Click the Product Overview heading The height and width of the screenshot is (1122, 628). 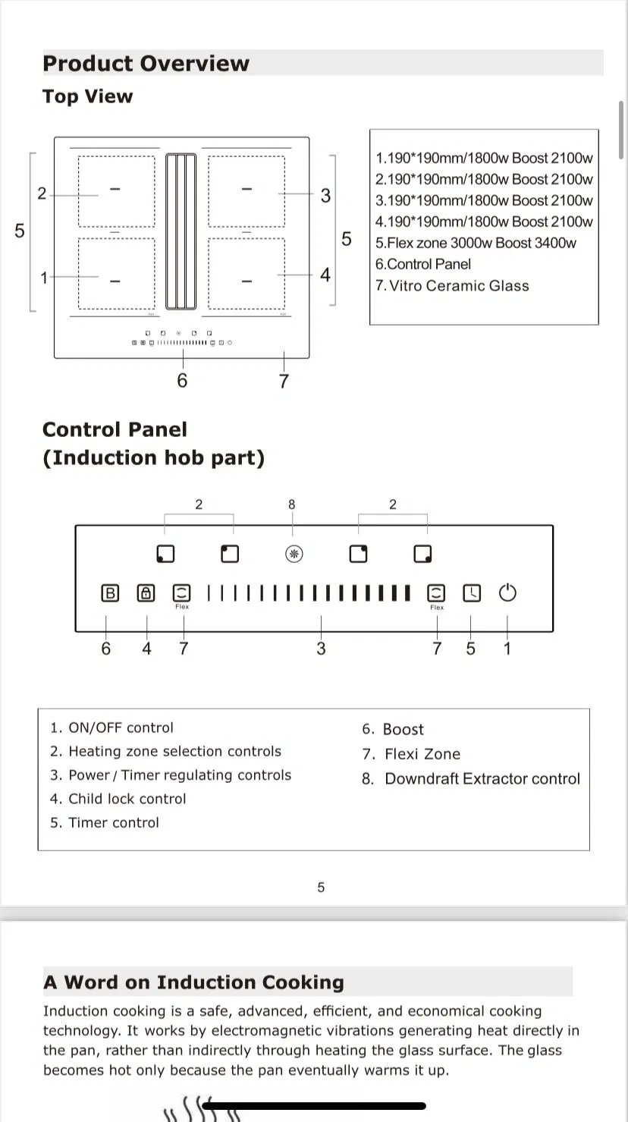coord(146,63)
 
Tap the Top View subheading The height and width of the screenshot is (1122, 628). coord(87,96)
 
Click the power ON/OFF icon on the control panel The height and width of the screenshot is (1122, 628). coord(507,592)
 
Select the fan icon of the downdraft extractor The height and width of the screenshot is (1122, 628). coord(294,555)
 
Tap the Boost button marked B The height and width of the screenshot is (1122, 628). coord(110,593)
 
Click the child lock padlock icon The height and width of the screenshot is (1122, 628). coord(146,593)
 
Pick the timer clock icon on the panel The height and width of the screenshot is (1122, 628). coord(472,593)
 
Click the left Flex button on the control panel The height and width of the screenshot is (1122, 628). coord(182,593)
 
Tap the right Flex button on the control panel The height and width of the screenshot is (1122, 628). coord(436,593)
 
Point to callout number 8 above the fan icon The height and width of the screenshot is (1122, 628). coord(292,504)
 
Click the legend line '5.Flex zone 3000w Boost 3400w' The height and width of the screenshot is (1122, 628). coord(476,243)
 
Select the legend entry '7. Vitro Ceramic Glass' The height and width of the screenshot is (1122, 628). coord(452,286)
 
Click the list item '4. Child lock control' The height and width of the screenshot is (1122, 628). coord(118,799)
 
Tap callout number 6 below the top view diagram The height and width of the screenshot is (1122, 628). coord(182,380)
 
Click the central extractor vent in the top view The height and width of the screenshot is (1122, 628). coord(181,231)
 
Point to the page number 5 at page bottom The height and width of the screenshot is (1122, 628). coord(321,887)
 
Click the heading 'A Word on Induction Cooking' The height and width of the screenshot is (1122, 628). coord(193,982)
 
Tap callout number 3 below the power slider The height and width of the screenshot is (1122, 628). coord(321,649)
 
